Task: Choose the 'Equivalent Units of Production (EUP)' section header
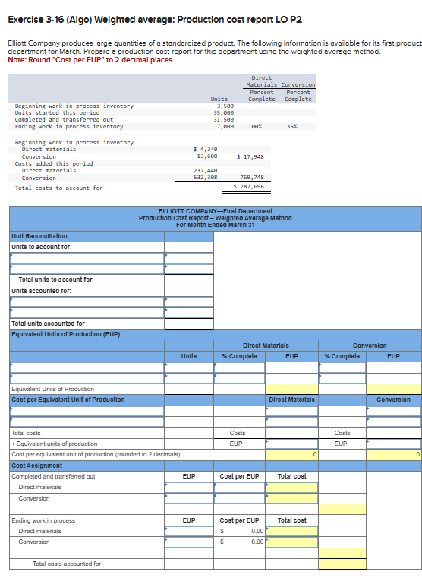[66, 334]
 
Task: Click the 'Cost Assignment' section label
[37, 465]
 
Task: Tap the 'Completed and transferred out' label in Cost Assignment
[53, 476]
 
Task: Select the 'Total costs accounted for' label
[67, 564]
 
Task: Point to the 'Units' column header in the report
[189, 356]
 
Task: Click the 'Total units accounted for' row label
[49, 324]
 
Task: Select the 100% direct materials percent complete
[255, 126]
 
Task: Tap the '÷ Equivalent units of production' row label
[55, 444]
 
